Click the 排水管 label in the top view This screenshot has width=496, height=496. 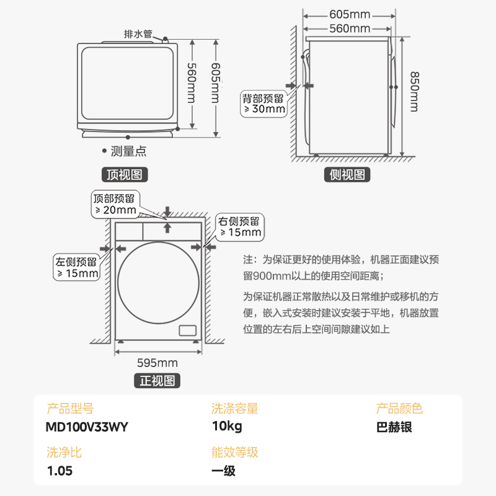click(138, 34)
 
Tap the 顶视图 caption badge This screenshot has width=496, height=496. click(124, 175)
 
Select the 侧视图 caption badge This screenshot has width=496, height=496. click(347, 175)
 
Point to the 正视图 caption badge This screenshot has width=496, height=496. click(157, 380)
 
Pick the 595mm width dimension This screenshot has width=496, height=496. click(157, 363)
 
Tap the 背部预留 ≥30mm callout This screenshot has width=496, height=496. click(263, 104)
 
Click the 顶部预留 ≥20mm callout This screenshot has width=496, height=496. click(114, 204)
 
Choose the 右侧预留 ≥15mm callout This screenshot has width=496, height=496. click(239, 226)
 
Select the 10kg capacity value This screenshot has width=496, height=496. click(226, 427)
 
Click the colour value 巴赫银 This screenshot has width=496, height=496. click(394, 427)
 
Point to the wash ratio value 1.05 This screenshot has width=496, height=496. click(60, 471)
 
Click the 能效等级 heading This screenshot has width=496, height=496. click(234, 452)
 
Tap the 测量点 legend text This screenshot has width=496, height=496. click(128, 151)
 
